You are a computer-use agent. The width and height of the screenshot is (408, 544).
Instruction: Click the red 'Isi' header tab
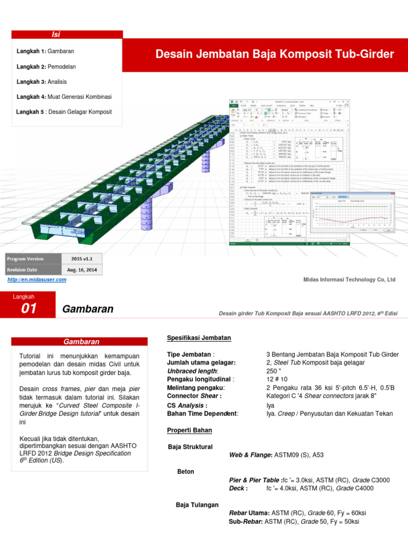coord(55,35)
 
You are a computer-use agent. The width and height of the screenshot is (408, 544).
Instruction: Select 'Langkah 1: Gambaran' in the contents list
coord(45,52)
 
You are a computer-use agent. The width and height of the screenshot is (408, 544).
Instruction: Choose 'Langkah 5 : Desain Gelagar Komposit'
coord(64,112)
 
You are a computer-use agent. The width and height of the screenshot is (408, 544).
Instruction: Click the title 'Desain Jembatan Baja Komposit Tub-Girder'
coord(275,54)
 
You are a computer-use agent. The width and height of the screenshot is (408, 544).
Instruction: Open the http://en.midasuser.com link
coord(37,279)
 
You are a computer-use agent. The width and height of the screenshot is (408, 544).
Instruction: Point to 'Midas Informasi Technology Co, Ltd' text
coord(349,279)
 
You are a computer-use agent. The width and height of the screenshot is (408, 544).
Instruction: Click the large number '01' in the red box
coord(29,310)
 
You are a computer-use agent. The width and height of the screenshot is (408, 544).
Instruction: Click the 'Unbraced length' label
coord(192,371)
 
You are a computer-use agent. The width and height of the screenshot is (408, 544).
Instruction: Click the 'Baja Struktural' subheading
coord(190,447)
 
